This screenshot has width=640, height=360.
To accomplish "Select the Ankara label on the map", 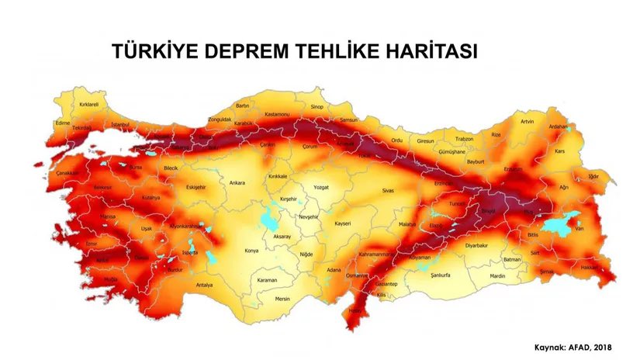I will [x=237, y=183].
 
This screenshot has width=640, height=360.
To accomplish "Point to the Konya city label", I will [x=252, y=251].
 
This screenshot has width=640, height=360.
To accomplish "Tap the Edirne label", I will [x=63, y=123].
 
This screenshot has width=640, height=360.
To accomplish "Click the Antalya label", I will [x=203, y=285].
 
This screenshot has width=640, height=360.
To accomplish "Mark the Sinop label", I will [x=317, y=106].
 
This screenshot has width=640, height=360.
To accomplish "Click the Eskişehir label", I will [x=195, y=186].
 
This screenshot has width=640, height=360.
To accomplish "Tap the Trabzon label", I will [x=464, y=138].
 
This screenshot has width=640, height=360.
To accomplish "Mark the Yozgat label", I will [x=320, y=187].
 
